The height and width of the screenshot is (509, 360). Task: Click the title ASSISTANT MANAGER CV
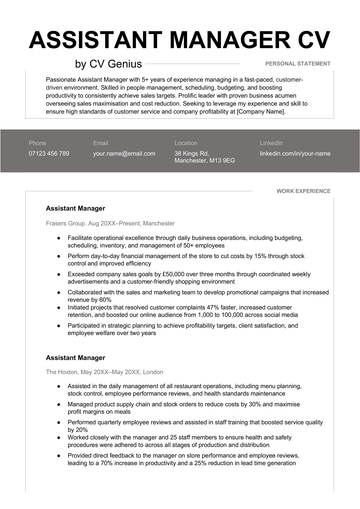point(180,40)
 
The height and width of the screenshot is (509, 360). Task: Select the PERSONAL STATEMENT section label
point(298,63)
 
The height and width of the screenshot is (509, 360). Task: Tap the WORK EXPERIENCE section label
point(302,189)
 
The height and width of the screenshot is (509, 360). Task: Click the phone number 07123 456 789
point(49,154)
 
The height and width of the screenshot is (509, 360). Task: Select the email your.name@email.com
point(124,154)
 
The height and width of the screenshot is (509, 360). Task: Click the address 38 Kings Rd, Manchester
point(204,157)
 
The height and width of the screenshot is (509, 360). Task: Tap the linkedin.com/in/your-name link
point(295,154)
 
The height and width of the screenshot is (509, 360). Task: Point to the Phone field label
point(37,143)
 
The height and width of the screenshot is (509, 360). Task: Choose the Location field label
point(185,143)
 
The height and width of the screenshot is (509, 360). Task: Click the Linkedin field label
point(271,143)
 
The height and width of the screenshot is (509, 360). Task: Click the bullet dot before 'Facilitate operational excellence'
point(58,238)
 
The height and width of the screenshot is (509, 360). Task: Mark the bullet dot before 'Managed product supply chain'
point(58,405)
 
